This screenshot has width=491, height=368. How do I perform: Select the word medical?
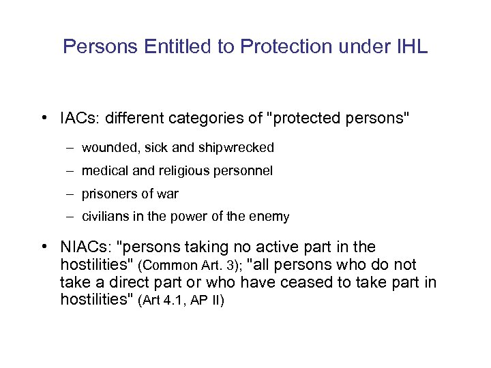tap(104, 171)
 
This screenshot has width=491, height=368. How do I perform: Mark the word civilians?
tap(104, 217)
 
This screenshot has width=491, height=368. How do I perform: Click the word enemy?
tap(271, 217)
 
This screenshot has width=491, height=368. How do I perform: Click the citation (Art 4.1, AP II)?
tap(181, 301)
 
